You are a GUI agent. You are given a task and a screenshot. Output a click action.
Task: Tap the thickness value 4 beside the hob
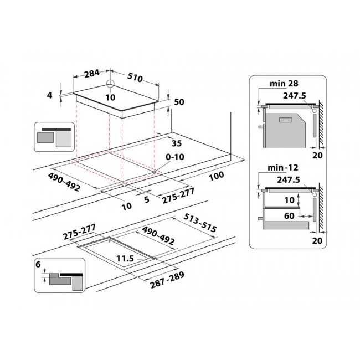(49, 95)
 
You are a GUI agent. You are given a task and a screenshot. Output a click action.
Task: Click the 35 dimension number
(176, 143)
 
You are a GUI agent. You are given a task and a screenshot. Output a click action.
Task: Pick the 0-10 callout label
(176, 157)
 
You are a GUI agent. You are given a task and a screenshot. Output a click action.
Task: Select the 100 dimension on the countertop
(217, 176)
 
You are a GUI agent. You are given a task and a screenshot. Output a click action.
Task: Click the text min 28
(285, 84)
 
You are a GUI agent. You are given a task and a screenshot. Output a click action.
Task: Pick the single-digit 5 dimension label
(146, 200)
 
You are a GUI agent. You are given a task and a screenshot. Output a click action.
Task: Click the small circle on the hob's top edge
(111, 84)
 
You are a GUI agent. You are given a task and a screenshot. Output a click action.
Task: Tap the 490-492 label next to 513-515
(158, 235)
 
